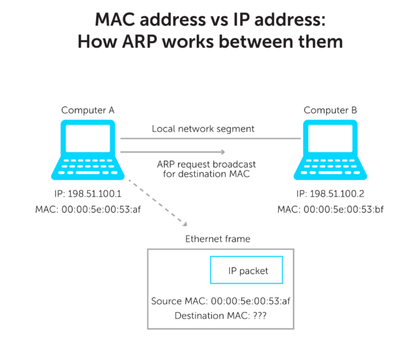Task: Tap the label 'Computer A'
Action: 88,110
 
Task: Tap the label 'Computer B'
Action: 330,110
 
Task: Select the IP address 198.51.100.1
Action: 88,194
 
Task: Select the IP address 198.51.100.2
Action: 330,194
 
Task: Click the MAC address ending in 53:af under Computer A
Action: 88,210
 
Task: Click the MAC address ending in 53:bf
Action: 330,210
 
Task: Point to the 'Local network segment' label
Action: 203,128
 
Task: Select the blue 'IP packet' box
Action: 247,271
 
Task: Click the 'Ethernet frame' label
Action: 217,239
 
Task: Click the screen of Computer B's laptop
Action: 330,143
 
